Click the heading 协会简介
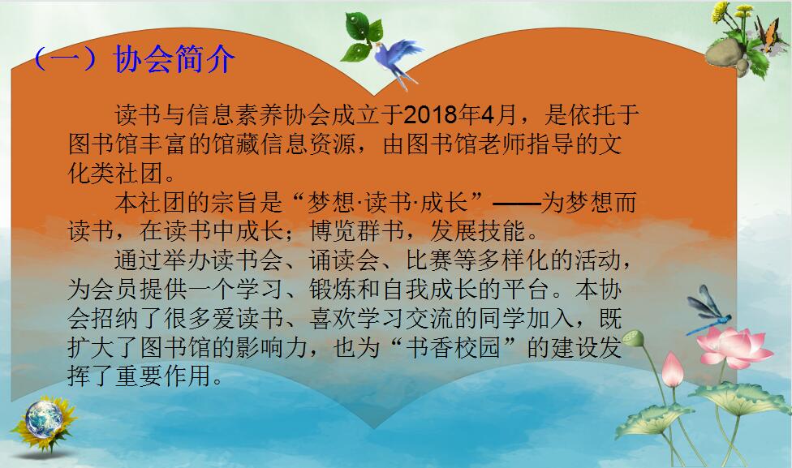174,59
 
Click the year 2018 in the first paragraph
431,115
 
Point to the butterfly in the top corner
767,32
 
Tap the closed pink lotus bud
672,370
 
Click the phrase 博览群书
357,230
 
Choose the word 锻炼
333,290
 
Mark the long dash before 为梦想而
516,204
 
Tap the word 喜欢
333,319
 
